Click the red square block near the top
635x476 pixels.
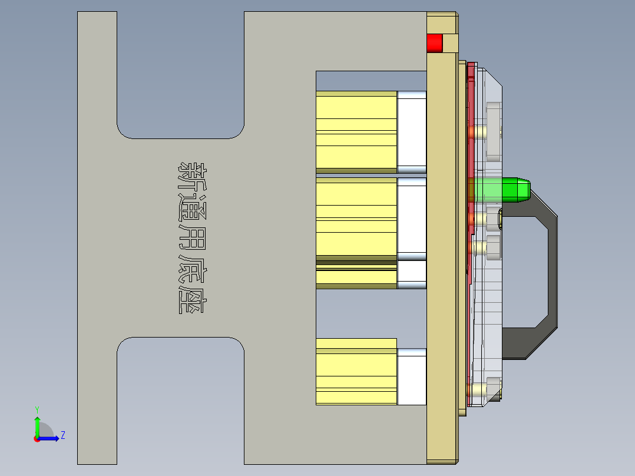pyautogui.click(x=434, y=43)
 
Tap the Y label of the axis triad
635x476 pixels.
pyautogui.click(x=37, y=409)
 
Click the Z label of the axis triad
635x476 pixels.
pyautogui.click(x=62, y=435)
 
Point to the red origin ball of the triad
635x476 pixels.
pyautogui.click(x=37, y=438)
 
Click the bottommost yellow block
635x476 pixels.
pyautogui.click(x=356, y=372)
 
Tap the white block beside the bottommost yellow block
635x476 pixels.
pyautogui.click(x=412, y=377)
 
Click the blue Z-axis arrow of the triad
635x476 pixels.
pyautogui.click(x=51, y=438)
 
